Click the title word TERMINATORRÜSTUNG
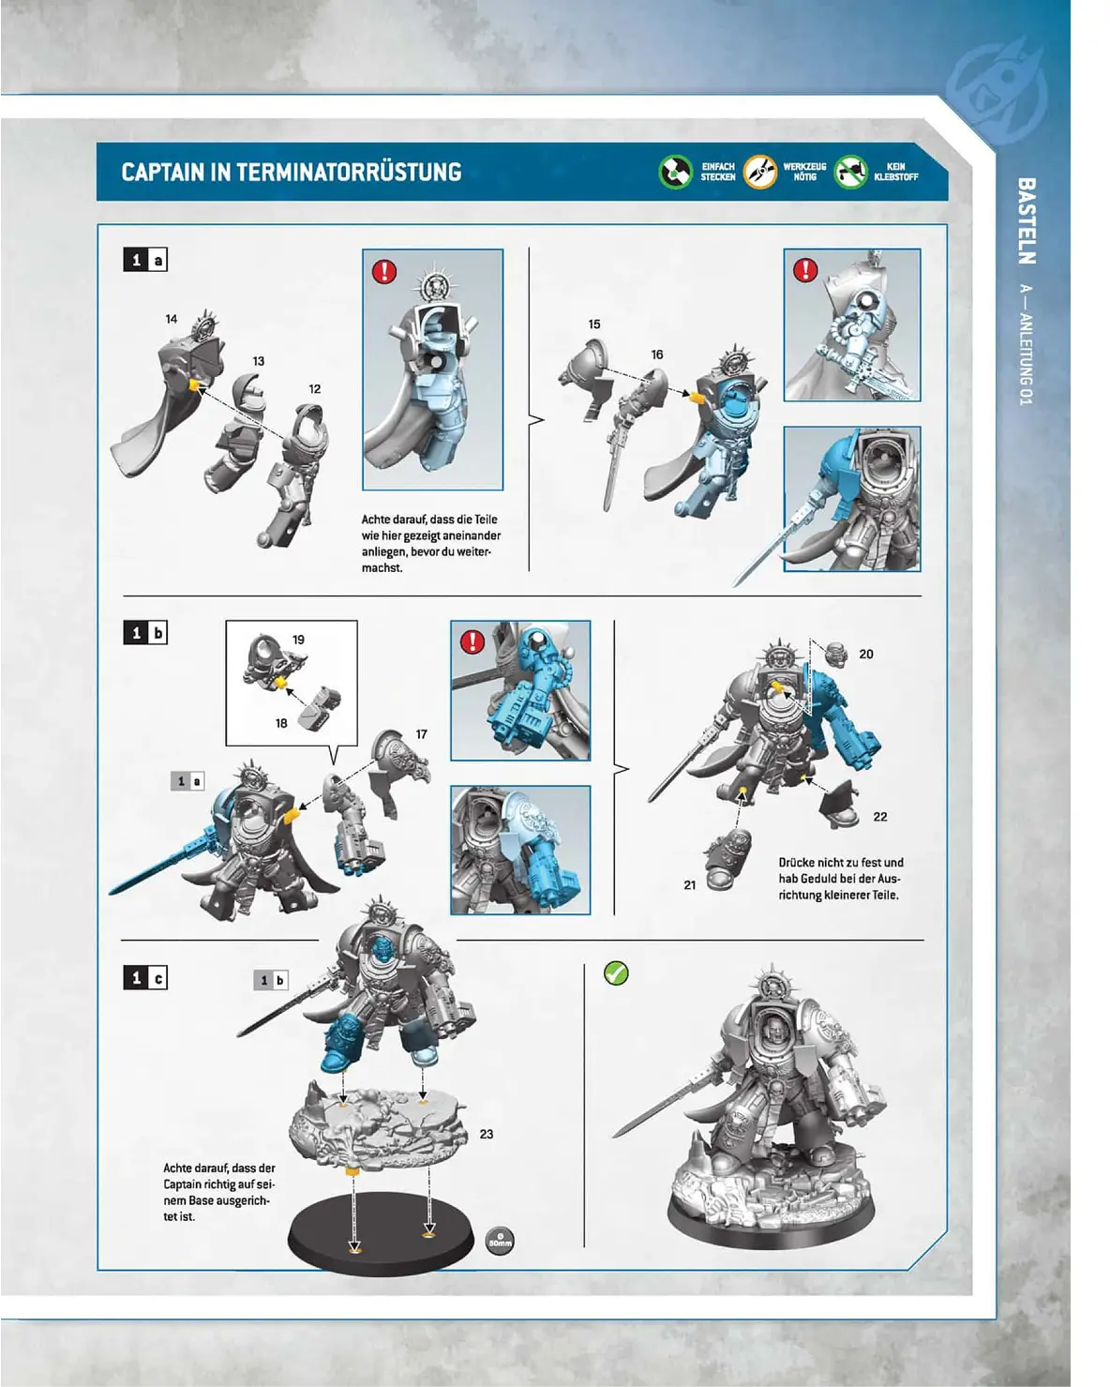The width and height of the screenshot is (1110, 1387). click(x=348, y=173)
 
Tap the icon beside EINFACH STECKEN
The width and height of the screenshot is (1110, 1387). click(x=675, y=172)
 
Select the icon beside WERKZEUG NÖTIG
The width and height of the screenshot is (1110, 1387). click(x=760, y=172)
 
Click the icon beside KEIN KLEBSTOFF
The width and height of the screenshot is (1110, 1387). click(x=850, y=172)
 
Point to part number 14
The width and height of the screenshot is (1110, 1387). click(x=172, y=319)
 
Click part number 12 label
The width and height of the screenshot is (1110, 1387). click(x=315, y=388)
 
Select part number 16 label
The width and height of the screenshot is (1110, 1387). click(x=657, y=354)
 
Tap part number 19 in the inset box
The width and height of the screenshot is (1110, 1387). click(x=298, y=640)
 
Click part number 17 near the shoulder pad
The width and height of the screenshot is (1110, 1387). click(x=422, y=734)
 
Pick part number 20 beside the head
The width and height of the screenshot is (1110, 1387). click(x=866, y=654)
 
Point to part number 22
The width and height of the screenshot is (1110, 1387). click(x=880, y=817)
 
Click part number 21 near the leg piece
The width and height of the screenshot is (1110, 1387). click(x=690, y=884)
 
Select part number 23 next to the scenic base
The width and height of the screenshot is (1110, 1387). click(x=487, y=1134)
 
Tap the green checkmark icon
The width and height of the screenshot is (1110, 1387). click(x=616, y=973)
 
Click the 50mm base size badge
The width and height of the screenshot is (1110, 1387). click(x=501, y=1242)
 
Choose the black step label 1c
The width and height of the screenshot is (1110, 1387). click(x=145, y=978)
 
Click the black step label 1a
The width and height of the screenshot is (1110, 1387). click(x=145, y=260)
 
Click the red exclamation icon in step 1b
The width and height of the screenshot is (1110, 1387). click(x=472, y=641)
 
